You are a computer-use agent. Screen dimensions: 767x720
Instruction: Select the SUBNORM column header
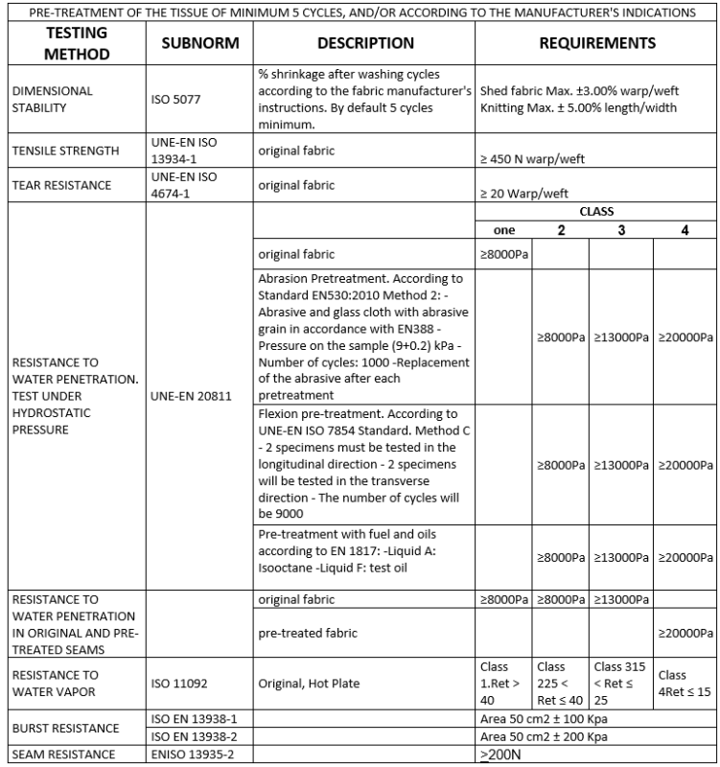click(200, 44)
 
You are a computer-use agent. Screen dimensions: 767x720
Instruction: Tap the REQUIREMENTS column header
click(596, 43)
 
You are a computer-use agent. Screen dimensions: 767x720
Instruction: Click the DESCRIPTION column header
click(365, 43)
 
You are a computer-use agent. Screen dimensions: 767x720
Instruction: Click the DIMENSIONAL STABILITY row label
click(53, 99)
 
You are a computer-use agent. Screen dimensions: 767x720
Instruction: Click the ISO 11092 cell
click(178, 682)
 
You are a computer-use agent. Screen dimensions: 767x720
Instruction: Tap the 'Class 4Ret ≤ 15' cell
click(685, 682)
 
